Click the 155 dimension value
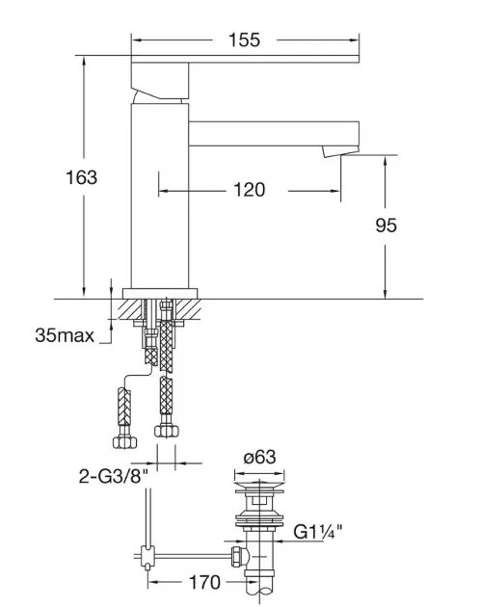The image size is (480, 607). tap(244, 40)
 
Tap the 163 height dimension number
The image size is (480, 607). tap(81, 177)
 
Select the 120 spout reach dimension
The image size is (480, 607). tap(250, 190)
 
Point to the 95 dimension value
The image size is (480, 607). tap(387, 225)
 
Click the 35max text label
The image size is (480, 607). tap(65, 335)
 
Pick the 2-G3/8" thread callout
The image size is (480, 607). tap(114, 476)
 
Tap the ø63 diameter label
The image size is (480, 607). tap(259, 458)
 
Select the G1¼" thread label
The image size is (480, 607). tap(318, 532)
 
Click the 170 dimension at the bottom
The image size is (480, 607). tap(204, 582)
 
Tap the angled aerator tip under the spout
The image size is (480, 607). tap(340, 151)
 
